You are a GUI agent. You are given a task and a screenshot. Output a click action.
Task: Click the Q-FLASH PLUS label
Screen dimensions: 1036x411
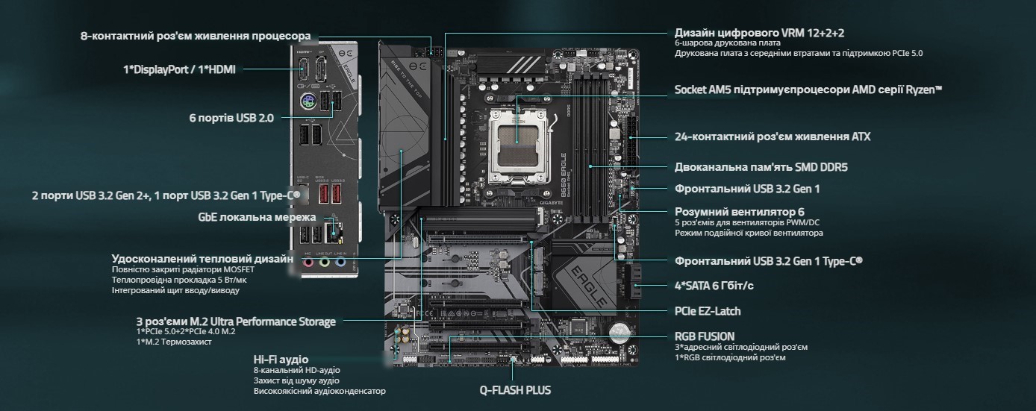(515, 390)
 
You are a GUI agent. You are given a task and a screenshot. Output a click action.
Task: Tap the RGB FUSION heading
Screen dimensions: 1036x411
(705, 336)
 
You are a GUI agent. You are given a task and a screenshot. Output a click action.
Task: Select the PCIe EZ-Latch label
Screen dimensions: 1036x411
(708, 311)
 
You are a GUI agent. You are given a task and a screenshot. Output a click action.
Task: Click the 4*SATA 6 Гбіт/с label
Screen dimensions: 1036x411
(714, 286)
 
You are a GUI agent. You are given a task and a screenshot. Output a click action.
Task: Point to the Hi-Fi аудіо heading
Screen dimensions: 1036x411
(281, 360)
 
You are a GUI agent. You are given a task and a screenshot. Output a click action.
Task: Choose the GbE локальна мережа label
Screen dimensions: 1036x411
(257, 217)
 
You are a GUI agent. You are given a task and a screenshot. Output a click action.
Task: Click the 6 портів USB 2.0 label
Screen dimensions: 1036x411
(231, 118)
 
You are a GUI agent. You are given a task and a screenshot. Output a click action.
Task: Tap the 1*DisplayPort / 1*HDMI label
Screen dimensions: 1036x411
(179, 70)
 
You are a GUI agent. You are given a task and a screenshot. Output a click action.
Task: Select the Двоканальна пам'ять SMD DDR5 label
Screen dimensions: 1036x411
(761, 167)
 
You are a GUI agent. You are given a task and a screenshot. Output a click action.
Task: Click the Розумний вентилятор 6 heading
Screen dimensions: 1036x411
(740, 212)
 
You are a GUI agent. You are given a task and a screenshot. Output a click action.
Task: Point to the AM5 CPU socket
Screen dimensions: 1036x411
(518, 146)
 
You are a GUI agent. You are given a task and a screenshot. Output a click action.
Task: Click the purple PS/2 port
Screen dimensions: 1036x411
(308, 101)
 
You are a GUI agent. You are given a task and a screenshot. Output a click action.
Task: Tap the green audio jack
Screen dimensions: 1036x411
(325, 263)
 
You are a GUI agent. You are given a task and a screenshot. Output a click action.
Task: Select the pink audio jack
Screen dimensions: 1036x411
(308, 263)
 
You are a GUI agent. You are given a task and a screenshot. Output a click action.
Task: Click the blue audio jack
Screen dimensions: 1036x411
(341, 263)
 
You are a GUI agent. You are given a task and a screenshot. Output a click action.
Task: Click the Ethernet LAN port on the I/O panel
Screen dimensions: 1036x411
(334, 232)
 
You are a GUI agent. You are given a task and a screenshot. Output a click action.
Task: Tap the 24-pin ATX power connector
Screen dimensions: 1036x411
(631, 138)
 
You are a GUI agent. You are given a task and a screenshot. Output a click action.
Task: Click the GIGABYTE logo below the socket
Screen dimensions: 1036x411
(552, 202)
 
